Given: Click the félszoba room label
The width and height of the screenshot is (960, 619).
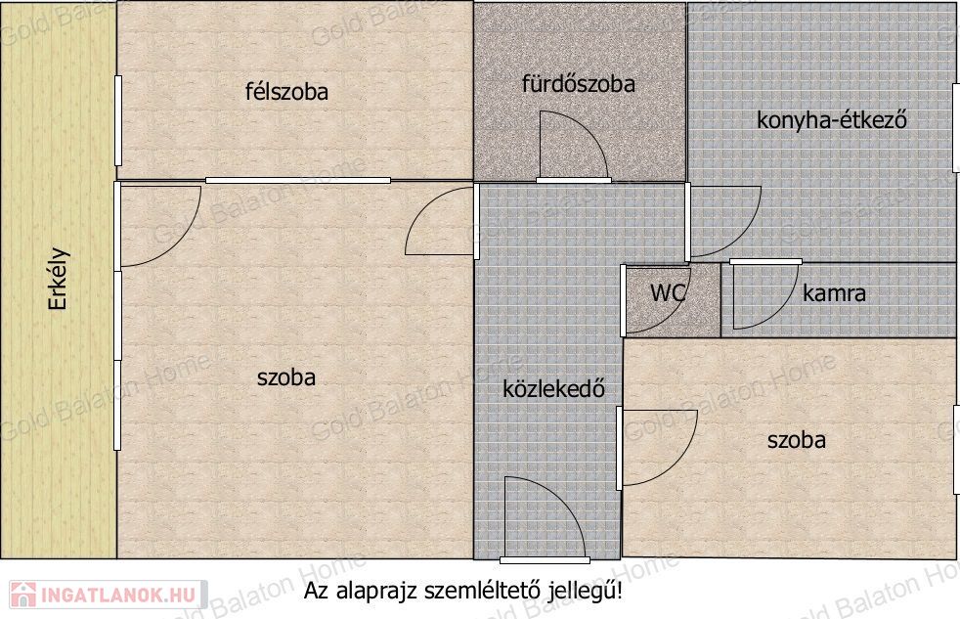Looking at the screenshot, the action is point(286,92).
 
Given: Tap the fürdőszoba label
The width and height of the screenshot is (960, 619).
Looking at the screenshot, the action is point(578,84).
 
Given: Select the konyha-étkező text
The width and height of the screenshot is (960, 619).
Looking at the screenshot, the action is point(831,120).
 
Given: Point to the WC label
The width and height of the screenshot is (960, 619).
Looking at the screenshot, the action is point(668,292).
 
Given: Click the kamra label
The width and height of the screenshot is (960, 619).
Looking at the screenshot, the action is point(834,293).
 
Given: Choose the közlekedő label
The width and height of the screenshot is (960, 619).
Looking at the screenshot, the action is point(553,389).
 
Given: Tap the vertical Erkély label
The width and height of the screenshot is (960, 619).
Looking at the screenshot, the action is point(59,279).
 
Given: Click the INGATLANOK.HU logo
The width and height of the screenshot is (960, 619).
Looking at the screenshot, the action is point(108,595).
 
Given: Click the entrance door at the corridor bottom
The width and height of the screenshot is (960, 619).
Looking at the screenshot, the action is point(545,518).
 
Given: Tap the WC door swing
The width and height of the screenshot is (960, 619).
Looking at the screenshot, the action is point(656,300).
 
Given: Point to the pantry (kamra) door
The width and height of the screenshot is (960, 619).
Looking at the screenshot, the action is point(765,294).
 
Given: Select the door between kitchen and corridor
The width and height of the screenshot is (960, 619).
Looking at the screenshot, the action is point(723,221).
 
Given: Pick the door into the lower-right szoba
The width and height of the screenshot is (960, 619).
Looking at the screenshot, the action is point(657,448).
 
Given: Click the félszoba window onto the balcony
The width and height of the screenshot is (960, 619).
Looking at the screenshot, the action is point(118,120).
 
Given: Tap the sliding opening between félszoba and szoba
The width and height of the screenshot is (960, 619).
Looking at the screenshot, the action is point(298,180).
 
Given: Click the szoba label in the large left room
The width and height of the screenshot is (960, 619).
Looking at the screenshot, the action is point(286,377).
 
